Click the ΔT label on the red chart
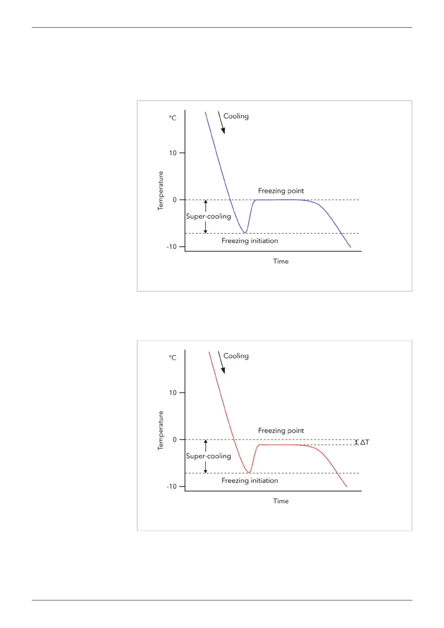point(364,442)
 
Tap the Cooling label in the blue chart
point(236,116)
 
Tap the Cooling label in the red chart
point(236,356)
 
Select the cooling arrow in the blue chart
point(221,122)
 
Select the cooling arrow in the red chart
point(221,362)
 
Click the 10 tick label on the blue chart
point(172,153)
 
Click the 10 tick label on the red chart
point(172,393)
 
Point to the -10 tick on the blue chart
point(171,247)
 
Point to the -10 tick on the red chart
point(171,487)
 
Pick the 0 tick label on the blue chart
point(174,200)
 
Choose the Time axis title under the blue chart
point(281,261)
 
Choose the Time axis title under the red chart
point(281,501)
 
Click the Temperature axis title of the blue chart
point(161,191)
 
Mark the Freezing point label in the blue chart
point(281,191)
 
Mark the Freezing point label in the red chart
point(281,431)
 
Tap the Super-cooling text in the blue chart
point(208,216)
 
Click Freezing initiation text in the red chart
point(250,481)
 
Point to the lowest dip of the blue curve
point(245,232)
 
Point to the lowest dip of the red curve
point(249,472)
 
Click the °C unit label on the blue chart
point(173,118)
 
